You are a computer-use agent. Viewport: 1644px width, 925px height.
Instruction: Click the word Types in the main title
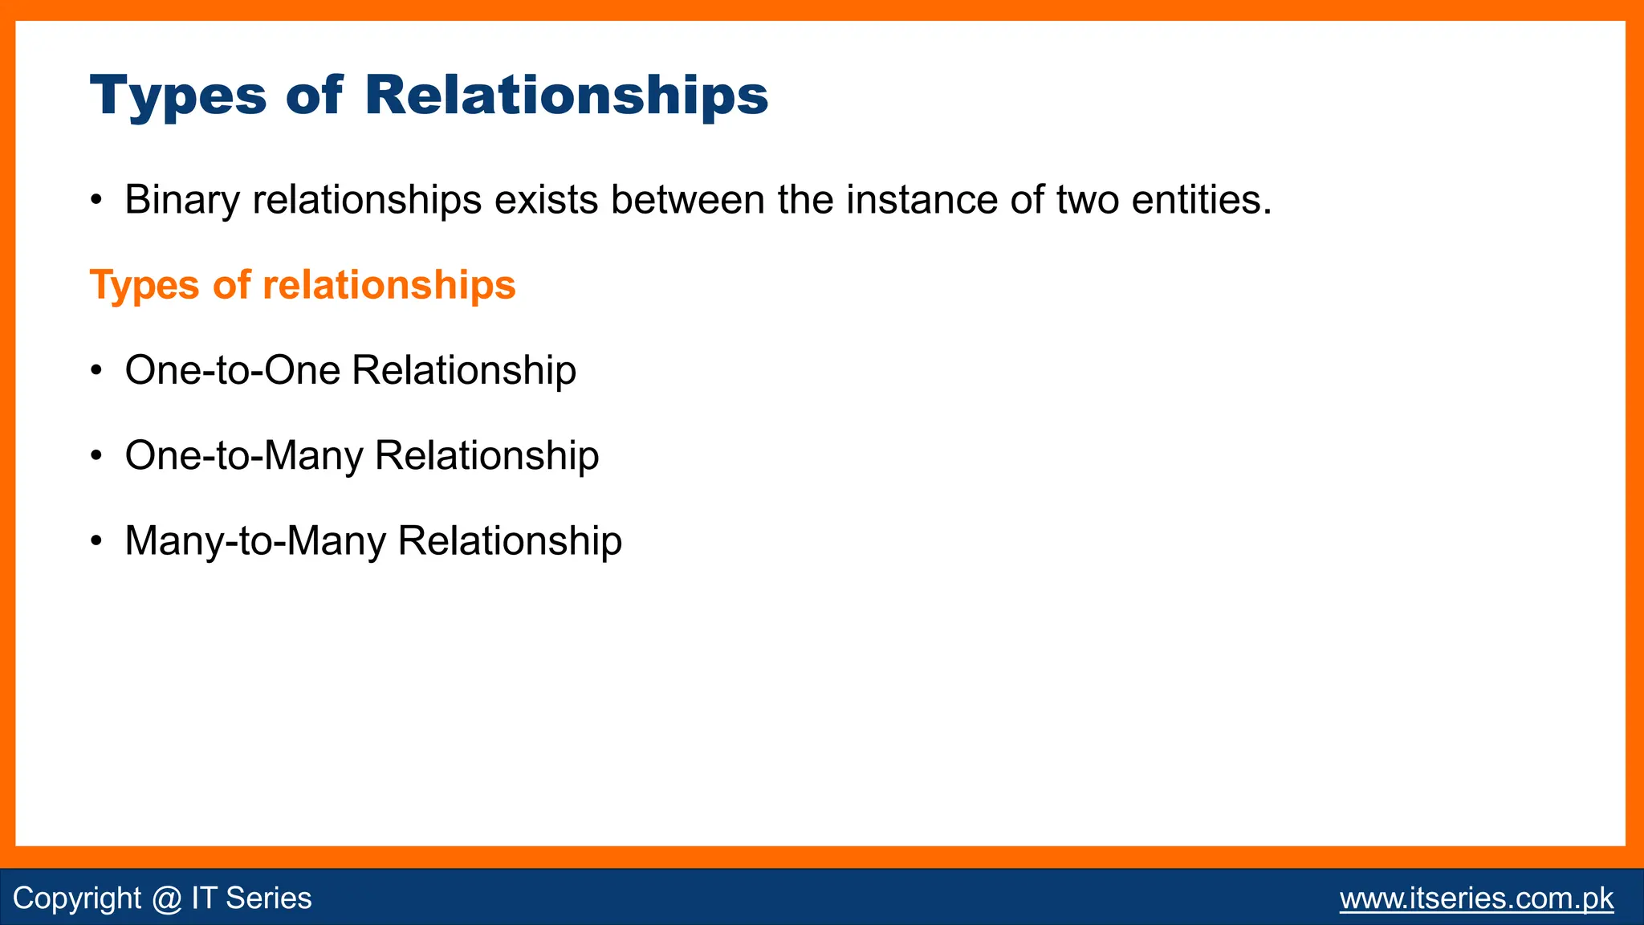(177, 96)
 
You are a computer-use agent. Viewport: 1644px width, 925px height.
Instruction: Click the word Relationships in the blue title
(566, 96)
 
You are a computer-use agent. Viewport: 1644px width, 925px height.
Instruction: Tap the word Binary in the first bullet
(181, 200)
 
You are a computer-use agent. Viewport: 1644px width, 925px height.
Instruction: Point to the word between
(687, 200)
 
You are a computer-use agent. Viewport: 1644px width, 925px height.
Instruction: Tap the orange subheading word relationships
(389, 286)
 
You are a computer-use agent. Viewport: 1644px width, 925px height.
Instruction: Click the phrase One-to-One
(233, 371)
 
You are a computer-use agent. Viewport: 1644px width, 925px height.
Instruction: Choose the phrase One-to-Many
(244, 456)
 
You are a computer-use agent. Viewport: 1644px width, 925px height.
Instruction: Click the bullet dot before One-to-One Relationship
(96, 372)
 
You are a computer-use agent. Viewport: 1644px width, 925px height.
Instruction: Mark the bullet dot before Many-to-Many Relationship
(96, 542)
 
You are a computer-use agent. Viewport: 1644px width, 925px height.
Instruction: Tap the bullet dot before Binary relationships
(96, 201)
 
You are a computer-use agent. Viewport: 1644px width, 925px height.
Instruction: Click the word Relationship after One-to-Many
(486, 456)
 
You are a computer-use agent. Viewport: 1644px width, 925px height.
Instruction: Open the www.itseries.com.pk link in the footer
(1475, 899)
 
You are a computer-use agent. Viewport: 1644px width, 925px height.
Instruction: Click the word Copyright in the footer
(77, 899)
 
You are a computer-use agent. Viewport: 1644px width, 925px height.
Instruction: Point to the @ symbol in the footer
(166, 899)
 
